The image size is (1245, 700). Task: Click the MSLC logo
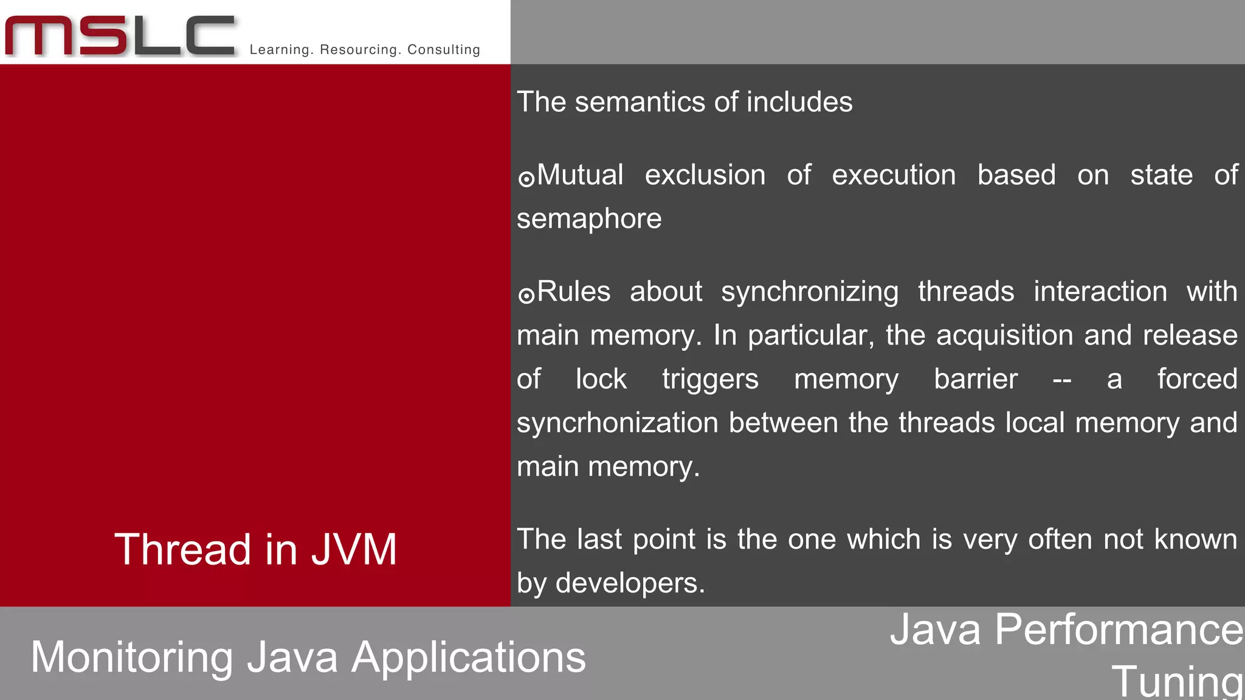tap(120, 36)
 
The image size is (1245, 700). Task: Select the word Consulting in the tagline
tap(444, 50)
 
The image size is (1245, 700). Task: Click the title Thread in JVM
tap(255, 549)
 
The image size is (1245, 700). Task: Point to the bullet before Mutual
tap(526, 179)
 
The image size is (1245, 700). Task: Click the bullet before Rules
tap(526, 295)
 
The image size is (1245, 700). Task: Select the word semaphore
tap(588, 219)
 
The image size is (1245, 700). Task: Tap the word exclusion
tap(705, 175)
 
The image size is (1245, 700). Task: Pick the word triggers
tap(710, 380)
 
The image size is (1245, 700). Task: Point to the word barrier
tap(976, 379)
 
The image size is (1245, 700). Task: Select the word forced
tap(1197, 379)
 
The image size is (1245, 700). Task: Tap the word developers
tap(630, 583)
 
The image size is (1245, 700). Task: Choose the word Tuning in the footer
tap(1177, 681)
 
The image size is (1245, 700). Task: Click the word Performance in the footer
tap(1119, 630)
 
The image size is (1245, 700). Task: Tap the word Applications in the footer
tap(469, 658)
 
